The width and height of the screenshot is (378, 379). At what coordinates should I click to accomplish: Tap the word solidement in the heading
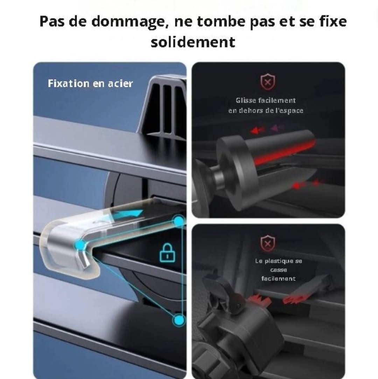(x=193, y=42)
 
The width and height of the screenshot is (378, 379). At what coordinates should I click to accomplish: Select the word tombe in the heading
(x=218, y=22)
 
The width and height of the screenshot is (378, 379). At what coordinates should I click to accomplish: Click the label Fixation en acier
(x=90, y=84)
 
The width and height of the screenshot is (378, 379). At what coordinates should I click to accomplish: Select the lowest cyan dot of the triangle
(x=179, y=320)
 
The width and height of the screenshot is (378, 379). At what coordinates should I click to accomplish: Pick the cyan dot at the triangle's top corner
(x=179, y=221)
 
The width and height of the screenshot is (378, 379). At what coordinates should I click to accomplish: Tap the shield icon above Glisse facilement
(x=267, y=82)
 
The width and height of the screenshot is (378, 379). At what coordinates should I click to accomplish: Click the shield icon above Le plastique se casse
(x=267, y=243)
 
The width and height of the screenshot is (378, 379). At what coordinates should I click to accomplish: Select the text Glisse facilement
(x=266, y=101)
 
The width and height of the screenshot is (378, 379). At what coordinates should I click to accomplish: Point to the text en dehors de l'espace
(x=266, y=111)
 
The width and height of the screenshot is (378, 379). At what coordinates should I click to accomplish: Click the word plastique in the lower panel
(x=279, y=261)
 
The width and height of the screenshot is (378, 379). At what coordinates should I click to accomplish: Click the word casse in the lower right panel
(x=279, y=270)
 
